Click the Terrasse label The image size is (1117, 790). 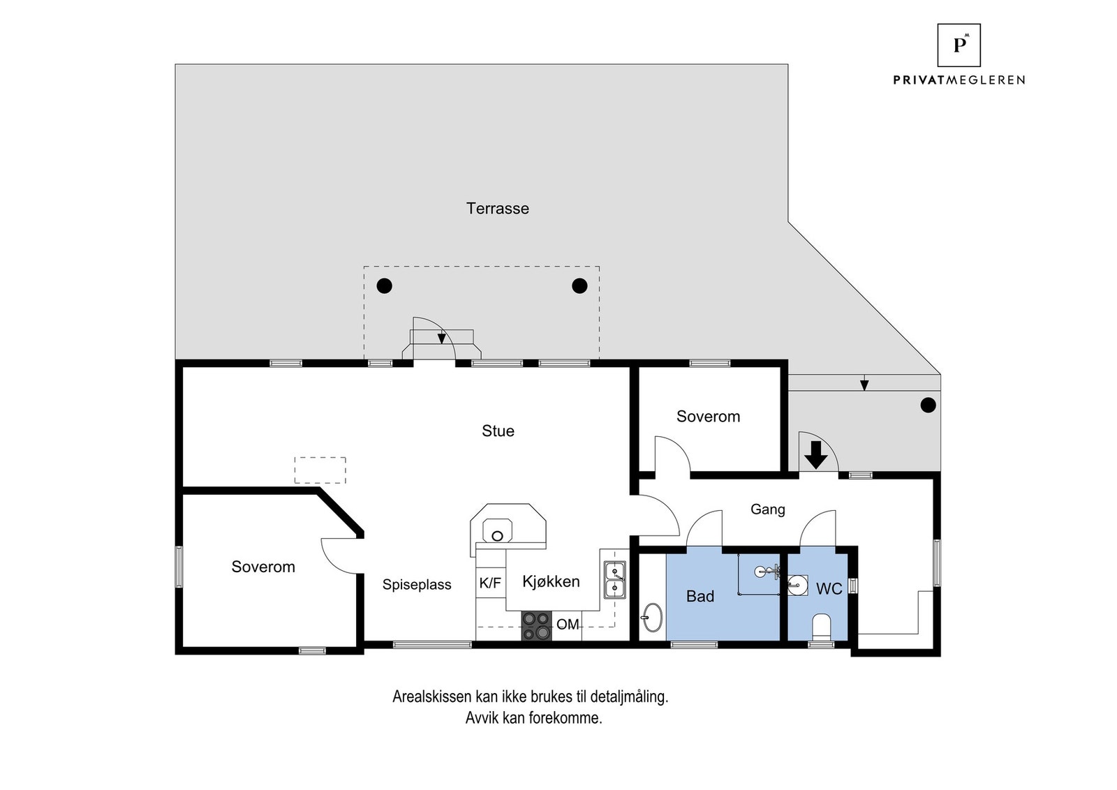(x=497, y=209)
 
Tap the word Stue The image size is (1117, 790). (x=498, y=431)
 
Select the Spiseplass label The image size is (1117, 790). (x=417, y=585)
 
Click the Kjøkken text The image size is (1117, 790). (x=551, y=581)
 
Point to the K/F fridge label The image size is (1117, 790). (x=489, y=583)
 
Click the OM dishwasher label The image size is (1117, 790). (x=568, y=624)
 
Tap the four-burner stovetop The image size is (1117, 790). (x=537, y=625)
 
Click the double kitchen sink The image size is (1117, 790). (x=615, y=580)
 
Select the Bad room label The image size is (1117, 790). (x=700, y=596)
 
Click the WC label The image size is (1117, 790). (x=829, y=588)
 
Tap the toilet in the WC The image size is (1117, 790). (x=821, y=627)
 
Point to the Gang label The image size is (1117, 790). (x=767, y=509)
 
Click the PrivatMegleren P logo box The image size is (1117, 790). (x=959, y=45)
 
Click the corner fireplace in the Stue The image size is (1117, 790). (x=508, y=530)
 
